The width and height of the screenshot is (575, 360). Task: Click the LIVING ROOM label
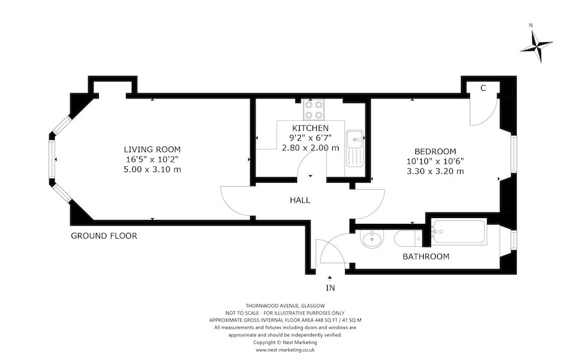[x=152, y=150]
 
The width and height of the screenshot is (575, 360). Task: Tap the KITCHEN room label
[x=310, y=128]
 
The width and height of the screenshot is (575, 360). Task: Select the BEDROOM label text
[x=435, y=151]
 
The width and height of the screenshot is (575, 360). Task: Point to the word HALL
[x=300, y=200]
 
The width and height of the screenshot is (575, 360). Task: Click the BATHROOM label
[x=425, y=256]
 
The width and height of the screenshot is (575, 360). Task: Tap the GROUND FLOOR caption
[x=103, y=235]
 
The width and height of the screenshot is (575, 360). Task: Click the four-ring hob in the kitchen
[x=314, y=110]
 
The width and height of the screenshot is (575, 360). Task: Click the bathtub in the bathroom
[x=460, y=232]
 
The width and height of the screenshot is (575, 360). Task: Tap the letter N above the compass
[x=531, y=26]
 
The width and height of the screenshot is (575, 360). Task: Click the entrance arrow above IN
[x=330, y=278]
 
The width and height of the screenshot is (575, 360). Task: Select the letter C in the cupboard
[x=483, y=88]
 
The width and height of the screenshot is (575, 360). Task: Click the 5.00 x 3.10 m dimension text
[x=152, y=169]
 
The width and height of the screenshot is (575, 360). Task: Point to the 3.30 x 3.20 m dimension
[x=435, y=171]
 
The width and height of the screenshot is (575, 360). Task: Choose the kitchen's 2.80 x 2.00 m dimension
[x=310, y=148]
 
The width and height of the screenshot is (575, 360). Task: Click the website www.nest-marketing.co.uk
[x=285, y=350]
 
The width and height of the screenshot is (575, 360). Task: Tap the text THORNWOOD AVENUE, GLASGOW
[x=285, y=306]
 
